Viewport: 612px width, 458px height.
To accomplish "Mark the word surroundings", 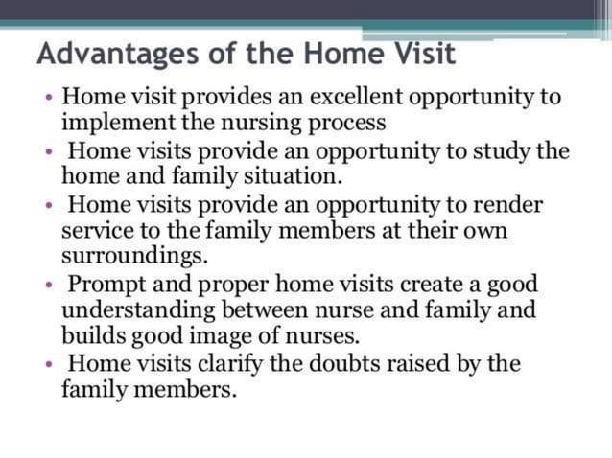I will pyautogui.click(x=133, y=257).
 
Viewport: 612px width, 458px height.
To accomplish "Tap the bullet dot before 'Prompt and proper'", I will pyautogui.click(x=48, y=286).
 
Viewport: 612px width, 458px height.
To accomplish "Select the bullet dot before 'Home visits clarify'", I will pyautogui.click(x=48, y=365).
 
